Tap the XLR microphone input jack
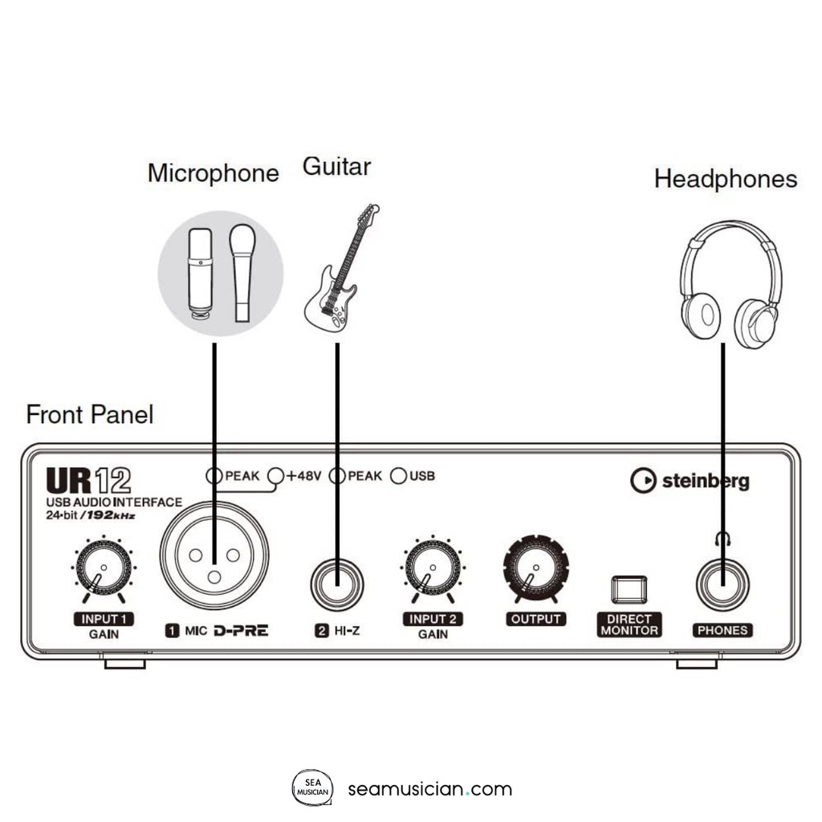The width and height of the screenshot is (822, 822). click(x=214, y=556)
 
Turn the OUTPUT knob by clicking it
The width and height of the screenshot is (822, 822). click(x=535, y=570)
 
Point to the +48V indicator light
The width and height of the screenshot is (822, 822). click(x=276, y=476)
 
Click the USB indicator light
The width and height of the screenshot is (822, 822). click(x=398, y=476)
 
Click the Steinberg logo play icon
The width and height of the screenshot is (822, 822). click(x=643, y=481)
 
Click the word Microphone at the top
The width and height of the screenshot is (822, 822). click(x=214, y=173)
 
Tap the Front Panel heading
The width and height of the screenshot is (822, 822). click(x=90, y=415)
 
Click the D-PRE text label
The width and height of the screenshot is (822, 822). click(x=241, y=631)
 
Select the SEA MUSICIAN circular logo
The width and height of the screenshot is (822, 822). click(x=311, y=789)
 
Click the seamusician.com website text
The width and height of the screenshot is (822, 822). click(x=430, y=789)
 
